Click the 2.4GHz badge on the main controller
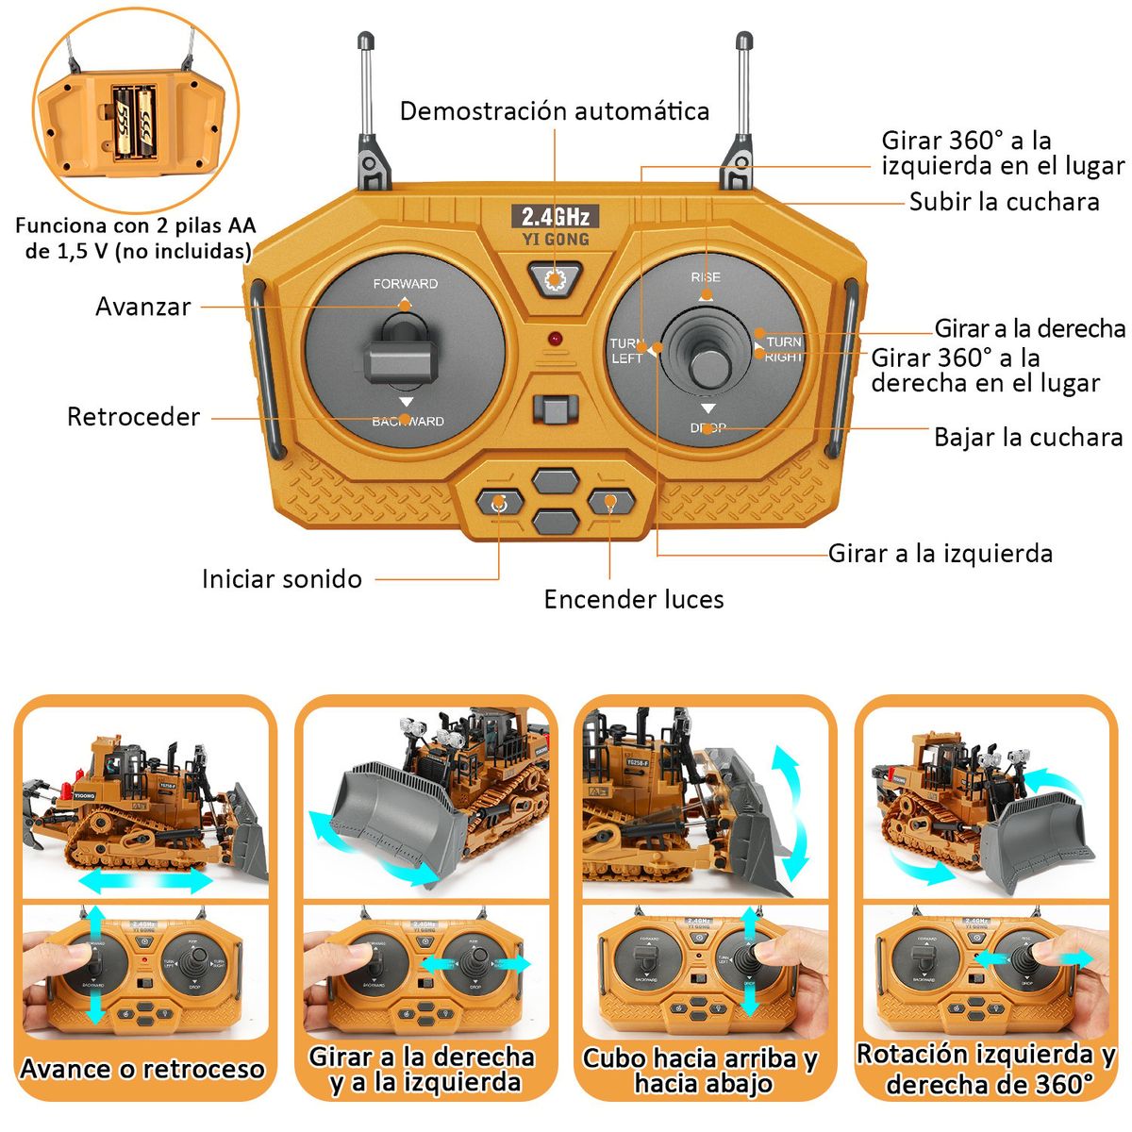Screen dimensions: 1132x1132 pos(555,216)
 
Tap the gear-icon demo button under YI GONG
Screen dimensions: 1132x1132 pos(555,279)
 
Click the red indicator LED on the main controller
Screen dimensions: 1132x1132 pos(555,338)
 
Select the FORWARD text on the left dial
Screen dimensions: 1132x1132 pos(405,283)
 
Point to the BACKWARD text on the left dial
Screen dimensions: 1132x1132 pos(408,422)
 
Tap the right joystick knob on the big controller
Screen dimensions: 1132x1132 pos(706,368)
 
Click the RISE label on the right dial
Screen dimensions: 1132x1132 pos(706,277)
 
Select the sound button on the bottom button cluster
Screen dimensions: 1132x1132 pos(499,503)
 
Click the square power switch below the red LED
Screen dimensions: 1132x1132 pos(555,409)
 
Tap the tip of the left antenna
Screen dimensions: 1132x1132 pos(365,41)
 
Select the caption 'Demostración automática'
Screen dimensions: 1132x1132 pos(555,111)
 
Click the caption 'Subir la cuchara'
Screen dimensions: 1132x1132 pos(1004,202)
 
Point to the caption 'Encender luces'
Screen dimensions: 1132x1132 pos(634,599)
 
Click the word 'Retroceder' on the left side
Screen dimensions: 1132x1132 pos(133,417)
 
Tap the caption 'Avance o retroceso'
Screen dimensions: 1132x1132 pos(141,1069)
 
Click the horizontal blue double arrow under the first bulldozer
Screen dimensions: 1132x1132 pos(145,881)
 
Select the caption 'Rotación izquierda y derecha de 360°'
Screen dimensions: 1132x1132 pos(986,1069)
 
